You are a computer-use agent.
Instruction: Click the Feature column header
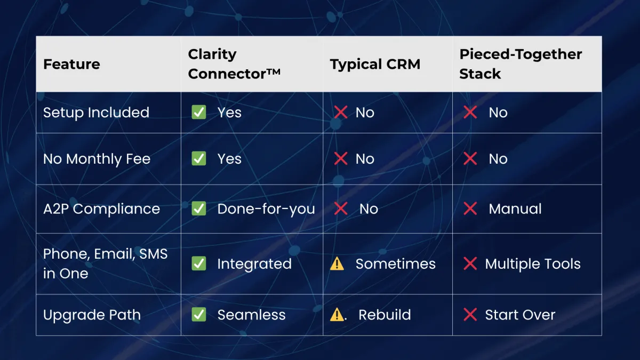click(71, 64)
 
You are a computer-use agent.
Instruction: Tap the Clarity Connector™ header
click(234, 63)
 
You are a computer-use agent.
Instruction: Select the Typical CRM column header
click(375, 64)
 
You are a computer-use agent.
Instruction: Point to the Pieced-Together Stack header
click(521, 63)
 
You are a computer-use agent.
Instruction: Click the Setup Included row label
click(97, 113)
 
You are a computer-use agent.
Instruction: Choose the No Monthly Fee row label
click(97, 159)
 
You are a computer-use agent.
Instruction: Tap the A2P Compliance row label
click(101, 209)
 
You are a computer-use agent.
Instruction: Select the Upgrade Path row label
click(92, 315)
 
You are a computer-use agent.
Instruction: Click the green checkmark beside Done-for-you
click(199, 209)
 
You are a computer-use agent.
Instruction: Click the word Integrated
click(254, 263)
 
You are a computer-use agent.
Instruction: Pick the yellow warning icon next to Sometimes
click(337, 263)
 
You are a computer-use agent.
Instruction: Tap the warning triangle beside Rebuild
click(337, 315)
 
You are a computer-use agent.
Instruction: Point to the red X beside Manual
click(470, 209)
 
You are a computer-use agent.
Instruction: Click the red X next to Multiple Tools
click(470, 263)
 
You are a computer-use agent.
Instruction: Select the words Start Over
click(520, 315)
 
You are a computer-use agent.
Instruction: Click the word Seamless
click(251, 315)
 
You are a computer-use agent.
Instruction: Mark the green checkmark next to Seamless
click(199, 315)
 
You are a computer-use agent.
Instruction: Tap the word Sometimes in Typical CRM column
click(395, 263)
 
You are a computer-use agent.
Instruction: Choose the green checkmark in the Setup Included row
click(199, 112)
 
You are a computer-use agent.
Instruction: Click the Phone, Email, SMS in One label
click(105, 263)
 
